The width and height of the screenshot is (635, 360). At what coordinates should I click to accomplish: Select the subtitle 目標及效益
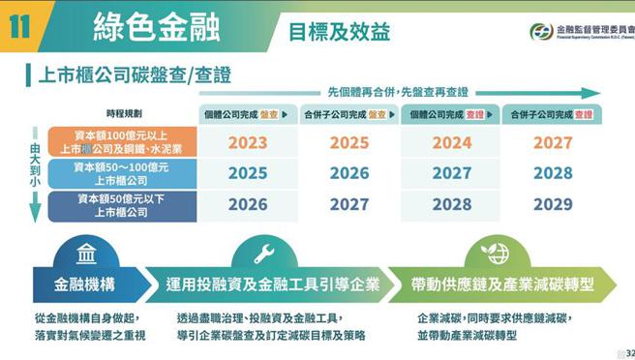339,31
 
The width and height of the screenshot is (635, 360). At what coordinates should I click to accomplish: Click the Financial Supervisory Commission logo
541,31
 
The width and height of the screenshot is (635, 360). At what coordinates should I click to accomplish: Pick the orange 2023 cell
248,142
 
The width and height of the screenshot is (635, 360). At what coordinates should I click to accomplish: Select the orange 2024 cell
451,142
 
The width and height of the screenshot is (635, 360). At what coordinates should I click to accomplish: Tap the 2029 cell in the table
553,205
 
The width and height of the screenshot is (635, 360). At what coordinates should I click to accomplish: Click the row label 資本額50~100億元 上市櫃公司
122,173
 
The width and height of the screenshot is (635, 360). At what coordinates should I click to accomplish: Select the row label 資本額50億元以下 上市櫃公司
122,205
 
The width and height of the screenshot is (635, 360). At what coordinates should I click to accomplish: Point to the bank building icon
86,255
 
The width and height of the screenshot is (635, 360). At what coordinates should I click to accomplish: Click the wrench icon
263,255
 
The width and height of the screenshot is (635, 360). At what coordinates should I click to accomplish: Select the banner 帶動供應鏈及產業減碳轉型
501,285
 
